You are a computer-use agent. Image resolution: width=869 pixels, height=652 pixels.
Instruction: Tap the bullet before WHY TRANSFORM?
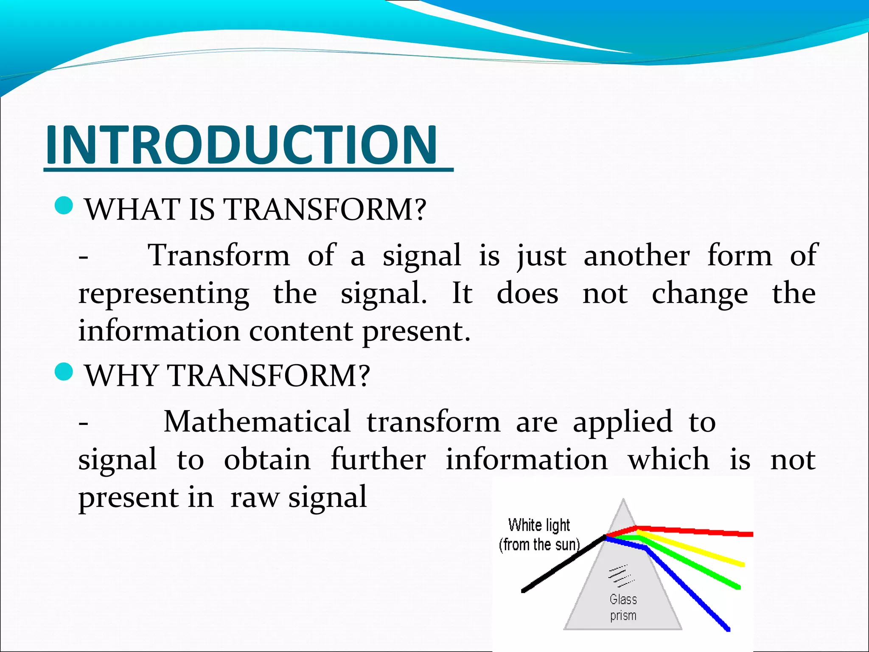click(x=64, y=372)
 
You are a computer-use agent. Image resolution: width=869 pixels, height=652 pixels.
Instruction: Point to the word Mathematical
click(x=257, y=422)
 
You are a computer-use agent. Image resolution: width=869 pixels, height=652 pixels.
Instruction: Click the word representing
click(x=164, y=294)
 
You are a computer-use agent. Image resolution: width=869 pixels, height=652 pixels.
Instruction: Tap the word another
click(x=636, y=256)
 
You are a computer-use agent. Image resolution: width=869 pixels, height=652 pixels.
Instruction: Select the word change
click(x=699, y=294)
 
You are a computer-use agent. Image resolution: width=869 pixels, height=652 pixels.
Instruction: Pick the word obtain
click(x=267, y=460)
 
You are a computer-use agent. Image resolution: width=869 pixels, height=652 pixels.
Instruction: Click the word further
click(x=378, y=460)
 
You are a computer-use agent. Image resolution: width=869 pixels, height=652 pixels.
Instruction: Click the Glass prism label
click(x=623, y=607)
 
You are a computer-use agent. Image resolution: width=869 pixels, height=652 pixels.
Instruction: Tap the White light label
click(x=539, y=526)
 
